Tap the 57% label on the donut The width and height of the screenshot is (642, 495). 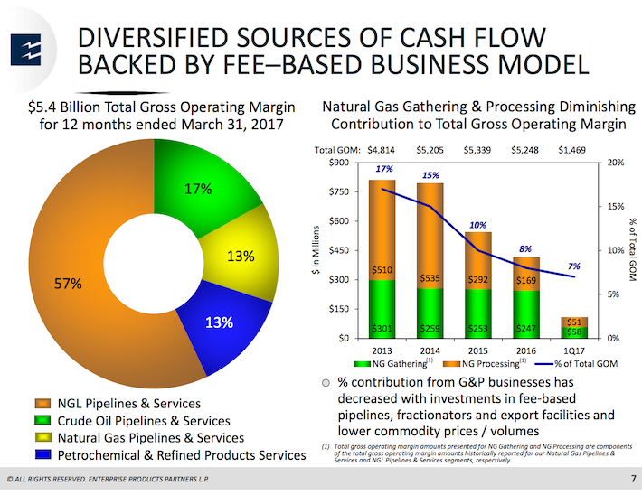click(67, 284)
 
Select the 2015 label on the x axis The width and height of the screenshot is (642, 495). click(478, 349)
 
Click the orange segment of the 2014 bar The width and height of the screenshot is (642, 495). click(430, 235)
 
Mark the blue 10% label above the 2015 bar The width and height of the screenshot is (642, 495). click(478, 225)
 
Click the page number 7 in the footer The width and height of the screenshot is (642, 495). click(631, 476)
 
